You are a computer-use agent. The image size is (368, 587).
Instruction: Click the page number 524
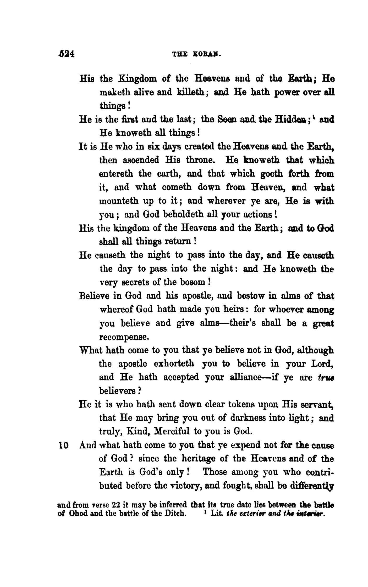coord(66,54)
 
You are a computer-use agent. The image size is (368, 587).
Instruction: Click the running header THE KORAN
coord(194,55)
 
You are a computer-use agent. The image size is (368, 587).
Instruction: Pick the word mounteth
coord(120,201)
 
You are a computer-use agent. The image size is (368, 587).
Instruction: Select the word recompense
coord(124,337)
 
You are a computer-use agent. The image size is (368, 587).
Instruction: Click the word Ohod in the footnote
coord(78,513)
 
